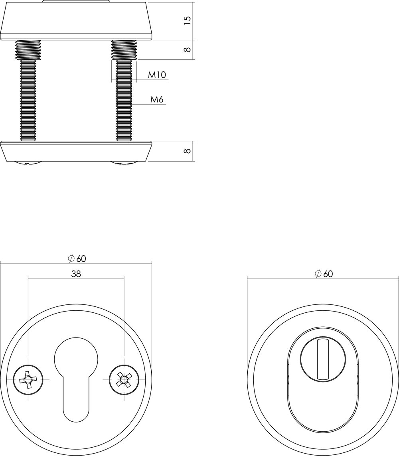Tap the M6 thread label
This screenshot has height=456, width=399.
pos(157,99)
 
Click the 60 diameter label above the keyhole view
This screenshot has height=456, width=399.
pos(77,258)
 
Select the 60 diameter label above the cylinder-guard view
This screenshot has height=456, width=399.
pos(324,273)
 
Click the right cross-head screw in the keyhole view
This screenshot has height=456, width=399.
pos(124,379)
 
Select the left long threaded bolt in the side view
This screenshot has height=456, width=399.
pos(28,100)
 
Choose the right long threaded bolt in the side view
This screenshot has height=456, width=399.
pos(124,100)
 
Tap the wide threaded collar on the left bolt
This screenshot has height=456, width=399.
pos(28,49)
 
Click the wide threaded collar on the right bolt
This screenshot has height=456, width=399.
pos(124,49)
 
